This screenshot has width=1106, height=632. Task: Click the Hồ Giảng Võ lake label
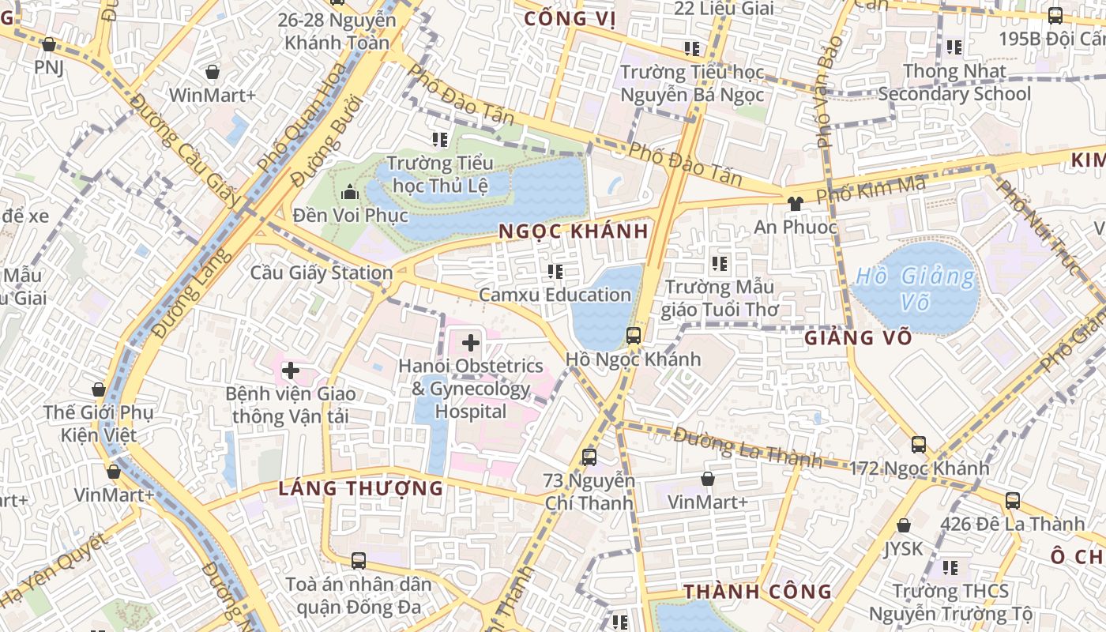pyautogui.click(x=915, y=288)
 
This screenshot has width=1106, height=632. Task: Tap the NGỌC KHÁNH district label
pyautogui.click(x=574, y=231)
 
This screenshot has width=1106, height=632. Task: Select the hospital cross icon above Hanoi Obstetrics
pyautogui.click(x=471, y=343)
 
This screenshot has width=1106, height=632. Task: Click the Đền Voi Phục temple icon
pyautogui.click(x=349, y=192)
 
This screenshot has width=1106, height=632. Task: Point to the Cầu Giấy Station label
pyautogui.click(x=322, y=273)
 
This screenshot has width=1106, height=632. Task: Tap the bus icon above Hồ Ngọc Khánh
pyautogui.click(x=634, y=335)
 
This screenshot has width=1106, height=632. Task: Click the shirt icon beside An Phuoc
pyautogui.click(x=795, y=203)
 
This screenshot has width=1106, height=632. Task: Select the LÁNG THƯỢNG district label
pyautogui.click(x=361, y=488)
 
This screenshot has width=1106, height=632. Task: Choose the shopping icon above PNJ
pyautogui.click(x=49, y=44)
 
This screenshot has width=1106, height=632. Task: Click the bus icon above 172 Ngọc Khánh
pyautogui.click(x=919, y=444)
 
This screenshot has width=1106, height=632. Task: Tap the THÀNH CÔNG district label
pyautogui.click(x=758, y=592)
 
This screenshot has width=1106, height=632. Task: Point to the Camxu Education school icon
pyautogui.click(x=555, y=272)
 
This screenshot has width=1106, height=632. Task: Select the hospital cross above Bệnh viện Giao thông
pyautogui.click(x=290, y=370)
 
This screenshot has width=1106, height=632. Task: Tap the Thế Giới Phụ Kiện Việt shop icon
pyautogui.click(x=99, y=389)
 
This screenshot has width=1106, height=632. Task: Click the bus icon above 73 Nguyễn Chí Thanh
pyautogui.click(x=589, y=457)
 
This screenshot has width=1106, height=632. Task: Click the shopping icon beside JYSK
pyautogui.click(x=904, y=525)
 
